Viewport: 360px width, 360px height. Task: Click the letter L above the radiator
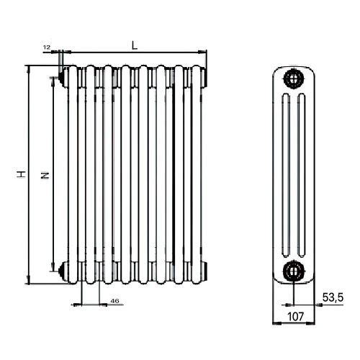tap(135, 45)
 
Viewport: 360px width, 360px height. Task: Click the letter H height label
tap(21, 174)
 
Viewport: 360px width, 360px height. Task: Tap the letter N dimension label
tap(45, 175)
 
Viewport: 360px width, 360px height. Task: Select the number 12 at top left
tap(47, 48)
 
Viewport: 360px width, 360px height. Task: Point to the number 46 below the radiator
tap(114, 301)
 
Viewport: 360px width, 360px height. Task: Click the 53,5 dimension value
tap(333, 297)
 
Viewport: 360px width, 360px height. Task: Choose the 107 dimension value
tap(295, 317)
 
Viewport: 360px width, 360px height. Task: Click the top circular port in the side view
tap(294, 78)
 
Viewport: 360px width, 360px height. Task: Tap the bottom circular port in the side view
tap(294, 271)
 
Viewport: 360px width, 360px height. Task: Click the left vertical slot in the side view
tap(286, 176)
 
